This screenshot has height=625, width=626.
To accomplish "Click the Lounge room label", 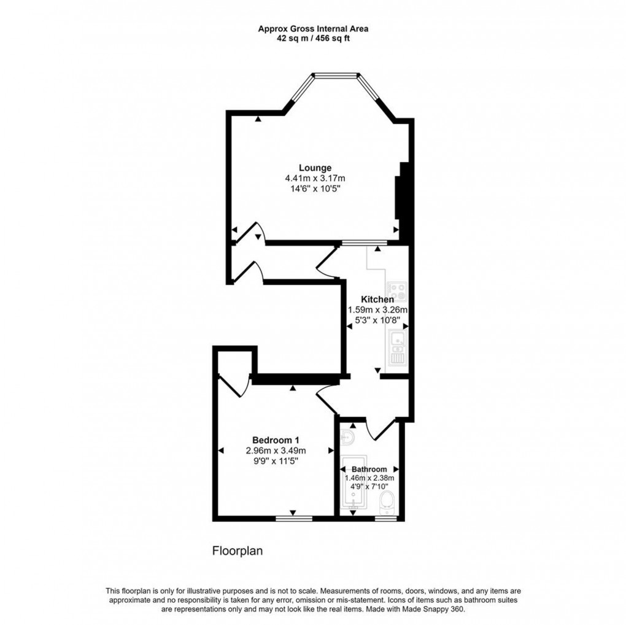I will click(x=315, y=168).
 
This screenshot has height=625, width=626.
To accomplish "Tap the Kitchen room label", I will click(x=376, y=299).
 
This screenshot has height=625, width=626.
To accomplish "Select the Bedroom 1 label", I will click(x=276, y=440).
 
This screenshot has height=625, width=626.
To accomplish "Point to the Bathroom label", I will click(x=369, y=469).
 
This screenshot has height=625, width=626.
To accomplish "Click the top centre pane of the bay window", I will click(x=334, y=76).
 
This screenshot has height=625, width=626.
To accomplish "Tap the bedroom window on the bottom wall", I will click(x=293, y=518).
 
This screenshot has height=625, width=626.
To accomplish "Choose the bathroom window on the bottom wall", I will click(x=385, y=518).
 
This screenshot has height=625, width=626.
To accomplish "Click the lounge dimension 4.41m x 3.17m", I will click(x=315, y=178).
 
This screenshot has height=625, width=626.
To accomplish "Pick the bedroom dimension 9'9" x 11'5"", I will click(x=275, y=460).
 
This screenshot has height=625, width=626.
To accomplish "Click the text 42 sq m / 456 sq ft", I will click(x=313, y=38).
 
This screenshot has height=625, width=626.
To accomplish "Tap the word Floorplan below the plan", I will click(x=237, y=551).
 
